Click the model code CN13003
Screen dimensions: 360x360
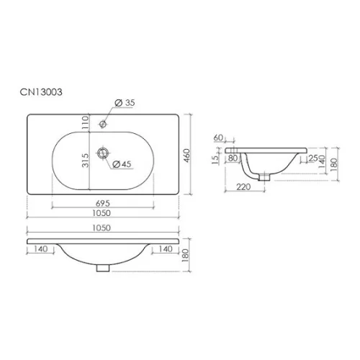[41, 92]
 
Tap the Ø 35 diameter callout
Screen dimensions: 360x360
[125, 103]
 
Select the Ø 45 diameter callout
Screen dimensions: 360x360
[122, 164]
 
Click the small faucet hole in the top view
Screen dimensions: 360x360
[103, 124]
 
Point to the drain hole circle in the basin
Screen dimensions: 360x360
[104, 153]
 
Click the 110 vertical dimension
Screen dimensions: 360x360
[85, 122]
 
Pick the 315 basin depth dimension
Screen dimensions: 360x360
[86, 161]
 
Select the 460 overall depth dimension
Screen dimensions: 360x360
[186, 156]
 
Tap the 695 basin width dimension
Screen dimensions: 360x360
[103, 204]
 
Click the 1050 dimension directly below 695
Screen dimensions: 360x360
[102, 213]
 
